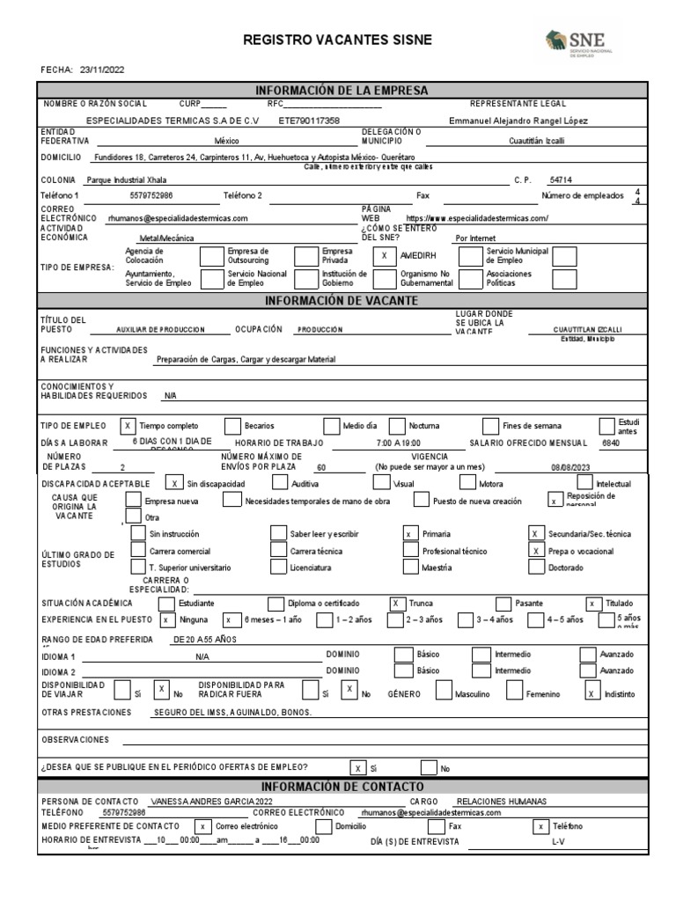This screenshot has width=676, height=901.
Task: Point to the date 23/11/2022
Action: (103, 70)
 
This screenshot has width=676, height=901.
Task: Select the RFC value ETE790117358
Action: (309, 121)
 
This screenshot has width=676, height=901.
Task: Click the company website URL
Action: (477, 218)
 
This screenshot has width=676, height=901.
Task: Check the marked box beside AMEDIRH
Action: (384, 256)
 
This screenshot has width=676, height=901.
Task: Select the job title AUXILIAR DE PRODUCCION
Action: (160, 329)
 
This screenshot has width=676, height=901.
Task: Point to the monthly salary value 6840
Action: (609, 443)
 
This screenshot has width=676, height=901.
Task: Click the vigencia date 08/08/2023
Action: (567, 467)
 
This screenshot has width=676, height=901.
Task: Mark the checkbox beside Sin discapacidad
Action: (175, 483)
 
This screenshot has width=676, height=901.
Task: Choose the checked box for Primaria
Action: (409, 534)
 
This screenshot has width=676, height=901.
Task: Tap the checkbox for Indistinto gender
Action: (591, 693)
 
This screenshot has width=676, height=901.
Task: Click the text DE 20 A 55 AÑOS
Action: (206, 639)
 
